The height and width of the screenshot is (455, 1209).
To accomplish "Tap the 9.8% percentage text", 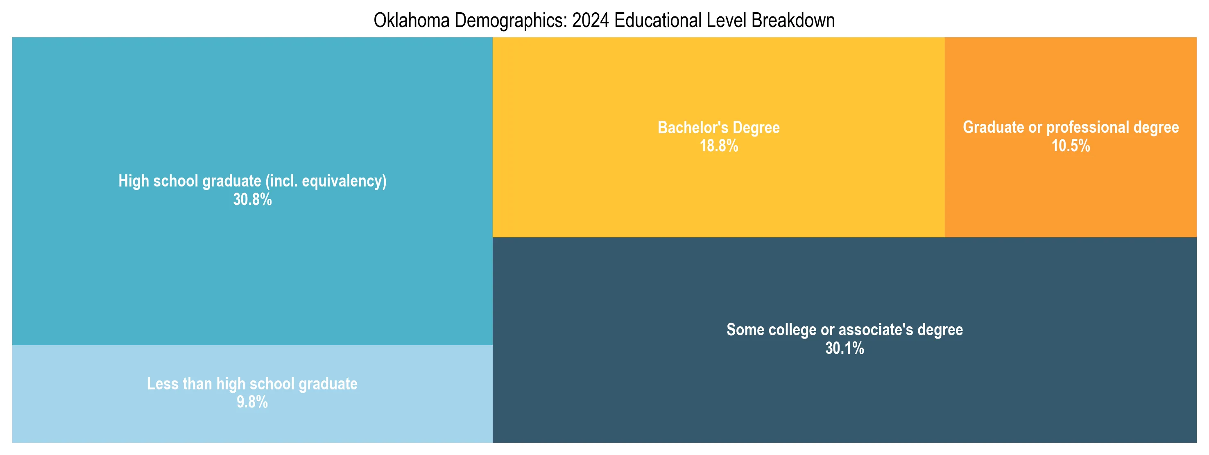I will click(252, 402).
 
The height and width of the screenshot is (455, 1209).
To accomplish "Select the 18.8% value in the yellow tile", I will click(718, 146).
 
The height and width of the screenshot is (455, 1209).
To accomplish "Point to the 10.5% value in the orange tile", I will click(1071, 146).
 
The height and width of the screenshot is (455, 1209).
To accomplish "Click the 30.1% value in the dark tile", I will click(844, 348).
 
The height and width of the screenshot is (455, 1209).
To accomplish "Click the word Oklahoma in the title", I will click(411, 20).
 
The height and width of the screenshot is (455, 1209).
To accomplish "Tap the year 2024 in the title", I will click(591, 20).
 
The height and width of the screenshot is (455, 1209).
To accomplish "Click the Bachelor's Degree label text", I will click(718, 128).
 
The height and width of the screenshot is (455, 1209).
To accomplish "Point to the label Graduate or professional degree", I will click(1071, 127).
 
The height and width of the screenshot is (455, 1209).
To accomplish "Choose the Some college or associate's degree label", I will click(844, 330).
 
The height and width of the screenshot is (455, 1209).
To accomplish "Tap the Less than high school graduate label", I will click(252, 384).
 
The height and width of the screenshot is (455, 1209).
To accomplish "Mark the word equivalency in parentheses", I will click(344, 181).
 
